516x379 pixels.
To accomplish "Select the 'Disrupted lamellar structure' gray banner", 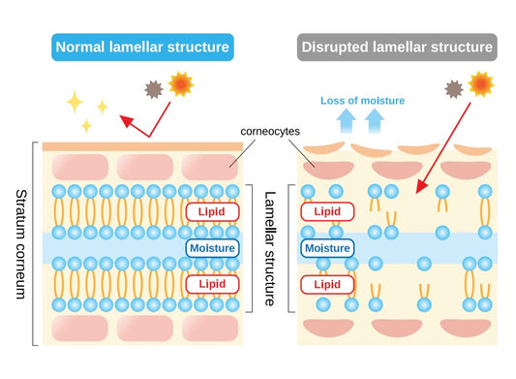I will (397, 46).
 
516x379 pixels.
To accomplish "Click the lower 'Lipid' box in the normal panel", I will (212, 283).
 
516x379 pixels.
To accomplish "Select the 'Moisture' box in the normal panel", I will (212, 248).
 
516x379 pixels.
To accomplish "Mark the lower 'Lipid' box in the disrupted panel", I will (327, 283).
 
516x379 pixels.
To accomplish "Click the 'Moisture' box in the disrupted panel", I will (327, 248).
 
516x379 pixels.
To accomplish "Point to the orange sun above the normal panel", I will (180, 86).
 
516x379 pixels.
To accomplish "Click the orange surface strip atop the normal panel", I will (141, 146).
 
